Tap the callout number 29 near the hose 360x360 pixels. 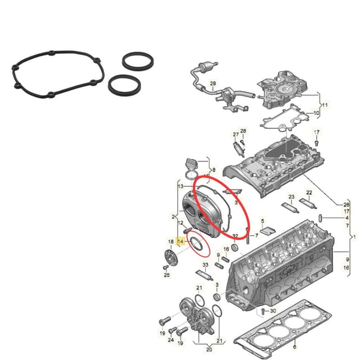click(213, 84)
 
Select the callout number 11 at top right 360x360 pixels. click(325, 105)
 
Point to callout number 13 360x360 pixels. click(181, 186)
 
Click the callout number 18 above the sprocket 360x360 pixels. click(170, 242)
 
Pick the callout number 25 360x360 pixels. click(166, 275)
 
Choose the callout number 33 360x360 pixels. click(205, 265)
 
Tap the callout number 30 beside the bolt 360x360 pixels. click(273, 311)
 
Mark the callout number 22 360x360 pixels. click(309, 193)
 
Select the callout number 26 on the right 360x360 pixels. click(347, 204)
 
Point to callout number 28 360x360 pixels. click(244, 131)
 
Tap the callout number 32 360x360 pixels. click(235, 235)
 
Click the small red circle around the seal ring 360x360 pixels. click(197, 243)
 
